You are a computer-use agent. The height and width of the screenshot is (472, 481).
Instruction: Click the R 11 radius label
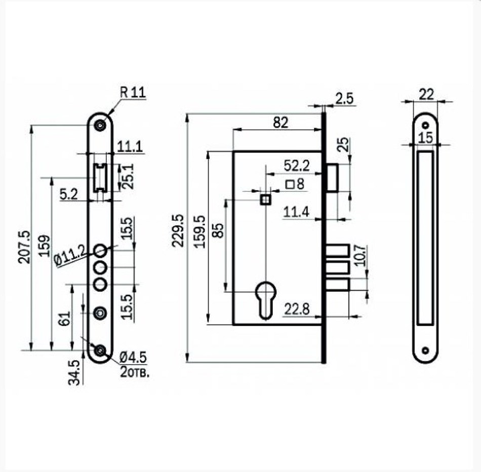tap(133, 92)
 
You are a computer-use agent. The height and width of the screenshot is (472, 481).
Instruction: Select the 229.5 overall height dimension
tap(178, 230)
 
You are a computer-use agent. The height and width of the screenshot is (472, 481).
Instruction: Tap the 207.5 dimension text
tap(24, 247)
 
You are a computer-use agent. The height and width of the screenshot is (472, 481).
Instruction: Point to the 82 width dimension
tap(280, 123)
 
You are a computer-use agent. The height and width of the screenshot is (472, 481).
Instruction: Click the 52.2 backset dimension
tap(297, 166)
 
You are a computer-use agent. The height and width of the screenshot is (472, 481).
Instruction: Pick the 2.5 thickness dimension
tap(344, 99)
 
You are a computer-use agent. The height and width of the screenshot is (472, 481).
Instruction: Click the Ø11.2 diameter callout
tap(70, 256)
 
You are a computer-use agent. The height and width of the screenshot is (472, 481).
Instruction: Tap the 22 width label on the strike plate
tap(426, 94)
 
